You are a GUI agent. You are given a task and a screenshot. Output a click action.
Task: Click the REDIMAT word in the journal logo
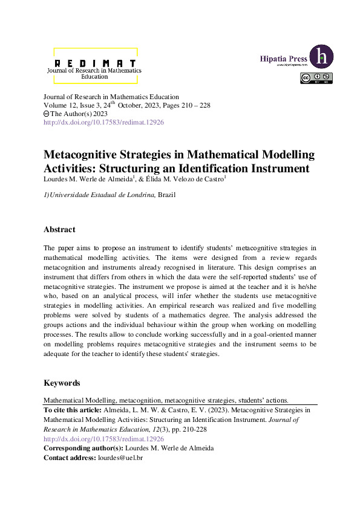94,62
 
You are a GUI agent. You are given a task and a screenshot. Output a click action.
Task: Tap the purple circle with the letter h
321,57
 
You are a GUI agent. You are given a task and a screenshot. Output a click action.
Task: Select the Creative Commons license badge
316,77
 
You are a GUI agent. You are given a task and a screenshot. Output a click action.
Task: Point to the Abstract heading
59,230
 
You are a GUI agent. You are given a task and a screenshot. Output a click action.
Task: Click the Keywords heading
62,383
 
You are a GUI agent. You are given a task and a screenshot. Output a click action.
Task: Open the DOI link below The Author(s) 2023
103,122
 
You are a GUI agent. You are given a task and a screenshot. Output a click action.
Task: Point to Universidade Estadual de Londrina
102,194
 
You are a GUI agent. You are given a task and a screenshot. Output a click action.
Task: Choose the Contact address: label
70,459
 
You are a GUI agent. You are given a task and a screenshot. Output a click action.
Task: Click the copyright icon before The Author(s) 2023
47,114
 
